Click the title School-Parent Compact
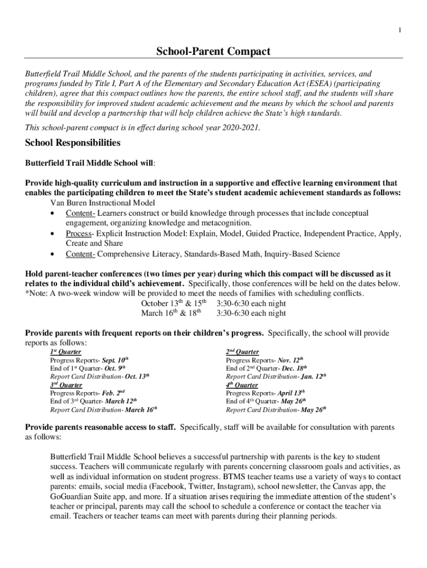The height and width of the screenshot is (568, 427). coord(213,52)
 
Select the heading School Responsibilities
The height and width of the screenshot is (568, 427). coord(73,143)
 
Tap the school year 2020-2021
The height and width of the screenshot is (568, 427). coord(241,128)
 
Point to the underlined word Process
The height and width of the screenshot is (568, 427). coord(78,234)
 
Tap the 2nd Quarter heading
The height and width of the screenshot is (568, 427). coord(242,352)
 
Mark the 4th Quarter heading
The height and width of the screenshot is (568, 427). coord(242,384)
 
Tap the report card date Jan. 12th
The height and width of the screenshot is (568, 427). coord(313,377)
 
